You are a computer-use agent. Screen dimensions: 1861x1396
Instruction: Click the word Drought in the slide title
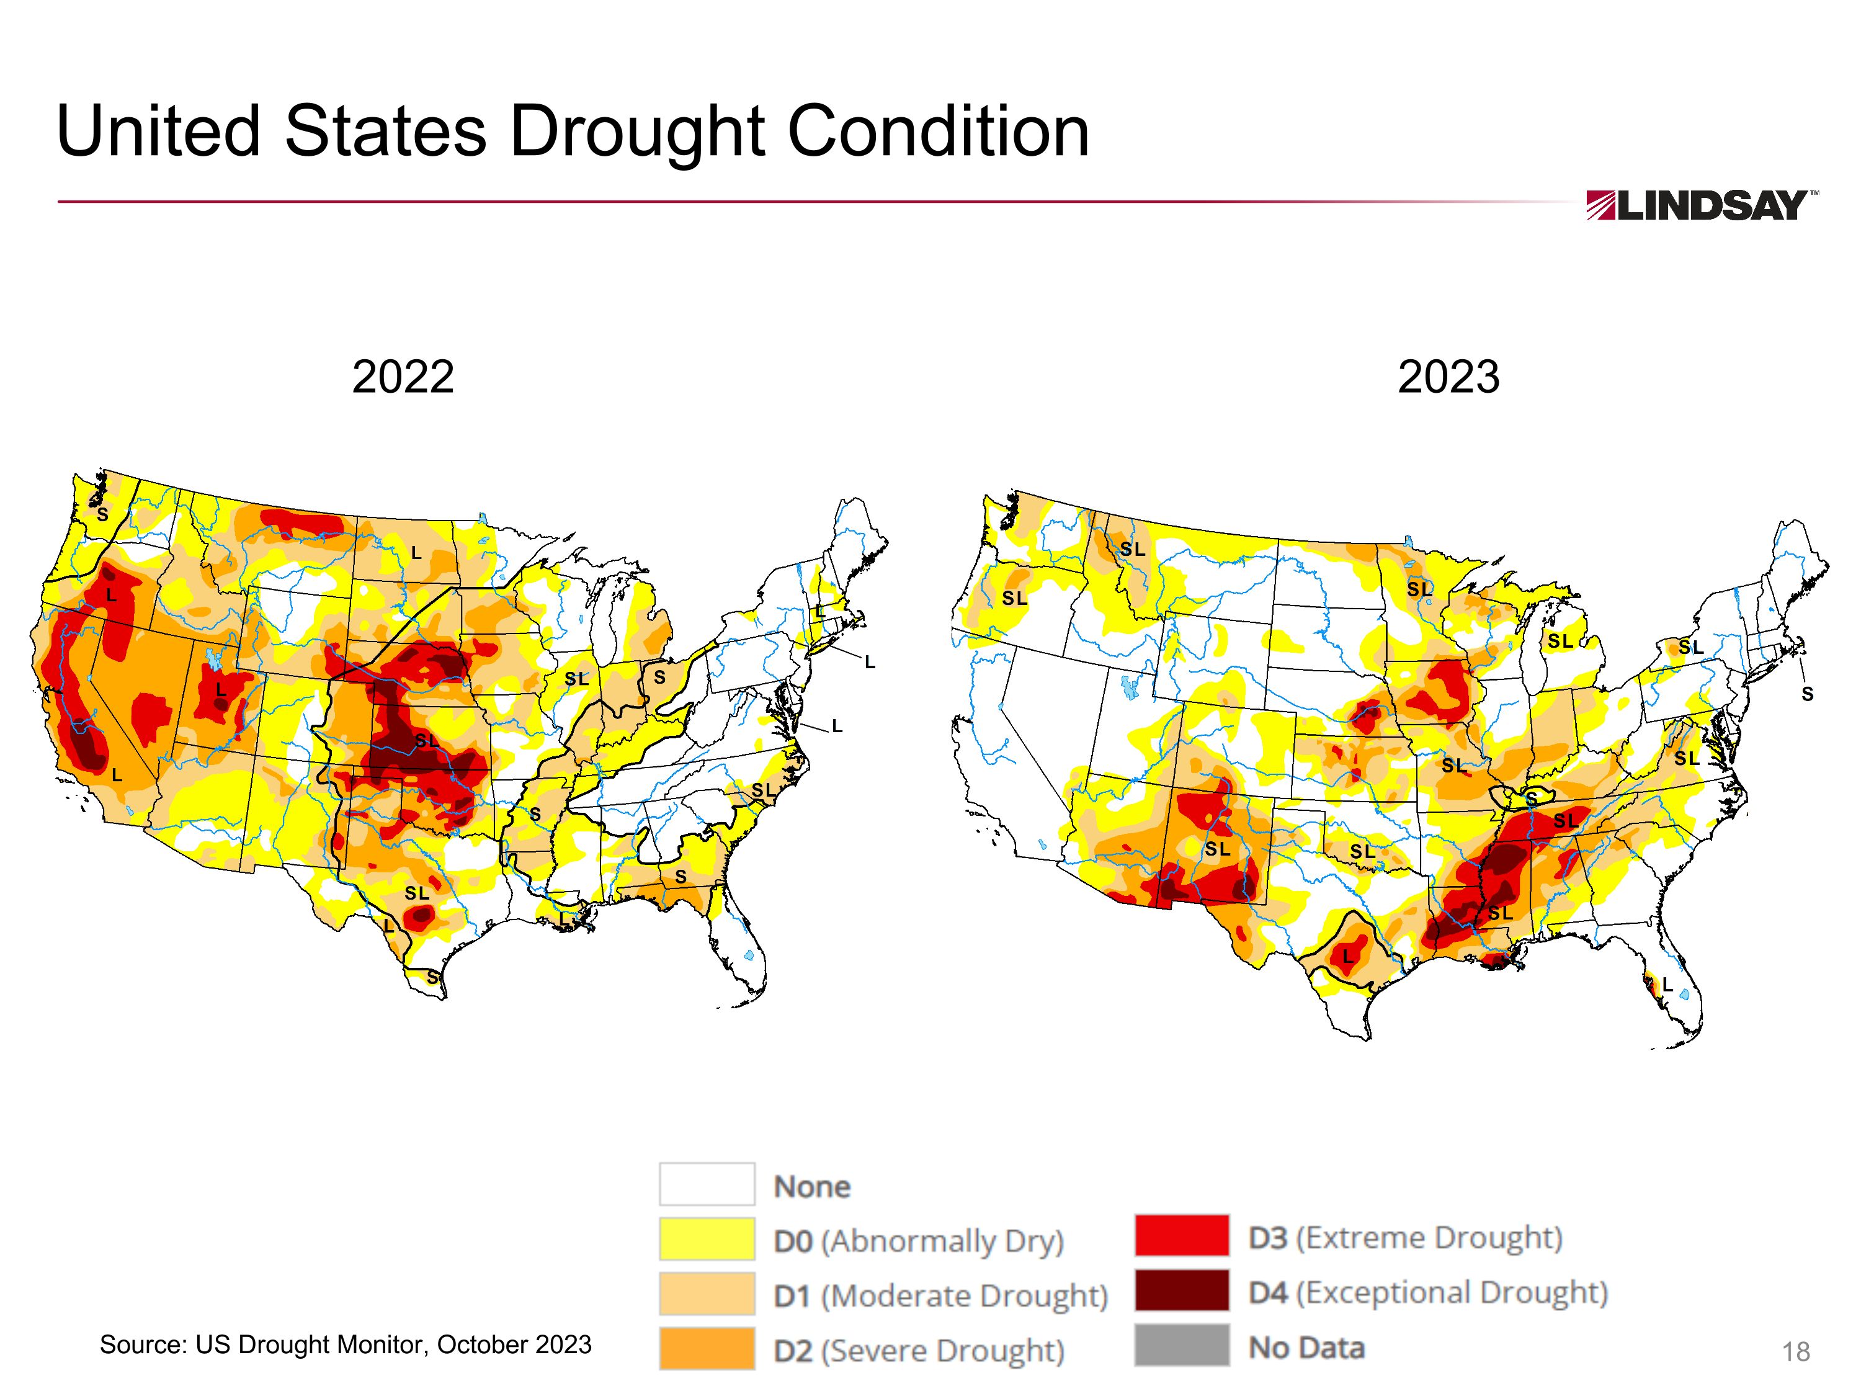tap(637, 132)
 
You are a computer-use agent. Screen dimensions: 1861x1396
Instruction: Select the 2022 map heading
tap(403, 377)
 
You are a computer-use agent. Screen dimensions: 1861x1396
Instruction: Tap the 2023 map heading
tap(1448, 377)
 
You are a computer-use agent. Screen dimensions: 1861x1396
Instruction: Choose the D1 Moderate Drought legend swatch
tap(707, 1294)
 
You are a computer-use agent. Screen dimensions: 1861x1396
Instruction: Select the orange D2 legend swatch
tap(707, 1348)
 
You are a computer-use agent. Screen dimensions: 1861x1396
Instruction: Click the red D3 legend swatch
tap(1181, 1235)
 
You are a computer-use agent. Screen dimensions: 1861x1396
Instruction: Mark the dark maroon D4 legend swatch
tap(1181, 1290)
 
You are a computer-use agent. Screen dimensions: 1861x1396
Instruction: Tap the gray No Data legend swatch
tap(1181, 1345)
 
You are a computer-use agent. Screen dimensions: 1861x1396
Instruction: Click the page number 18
tap(1795, 1352)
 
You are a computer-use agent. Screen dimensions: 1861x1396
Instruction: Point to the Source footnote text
tap(346, 1345)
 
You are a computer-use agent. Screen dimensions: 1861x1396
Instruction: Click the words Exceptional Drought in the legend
tap(1452, 1292)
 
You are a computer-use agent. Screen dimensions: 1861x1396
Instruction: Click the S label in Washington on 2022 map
tap(102, 514)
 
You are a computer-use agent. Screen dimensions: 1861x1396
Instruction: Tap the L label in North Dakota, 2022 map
tap(416, 553)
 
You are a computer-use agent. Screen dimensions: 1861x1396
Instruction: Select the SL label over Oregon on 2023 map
tap(1015, 598)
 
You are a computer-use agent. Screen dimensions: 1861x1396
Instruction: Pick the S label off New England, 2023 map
tap(1807, 694)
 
